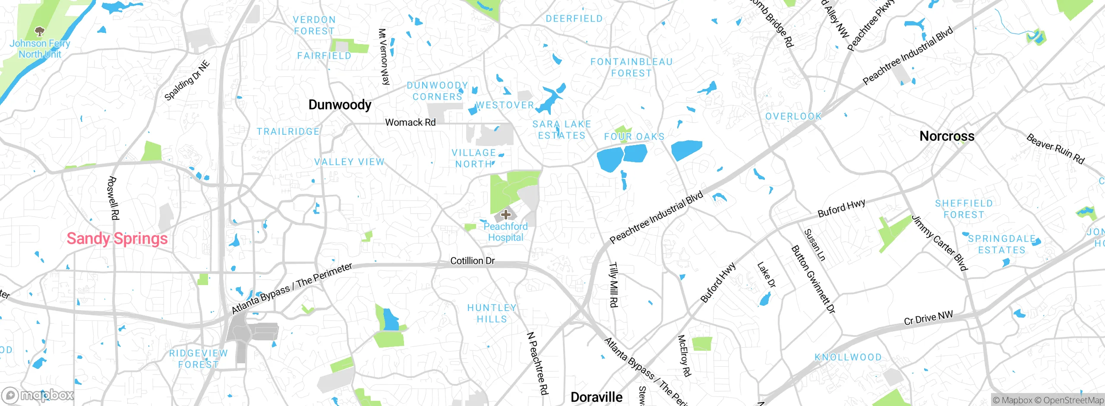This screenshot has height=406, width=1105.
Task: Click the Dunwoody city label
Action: point(340,105)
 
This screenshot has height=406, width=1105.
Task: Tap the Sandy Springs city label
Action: point(117,238)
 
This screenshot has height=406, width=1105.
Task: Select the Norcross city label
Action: point(947,136)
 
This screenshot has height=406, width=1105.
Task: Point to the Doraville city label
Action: point(596,397)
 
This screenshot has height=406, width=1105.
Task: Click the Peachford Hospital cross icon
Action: point(505,214)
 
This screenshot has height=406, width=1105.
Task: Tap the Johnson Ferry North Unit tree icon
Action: point(40,32)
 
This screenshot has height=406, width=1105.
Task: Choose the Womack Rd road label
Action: point(410,123)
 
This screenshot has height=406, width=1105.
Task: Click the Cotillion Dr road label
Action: point(472,261)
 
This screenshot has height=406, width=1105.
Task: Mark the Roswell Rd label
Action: point(113,198)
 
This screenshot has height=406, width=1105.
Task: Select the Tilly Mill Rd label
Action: point(613,285)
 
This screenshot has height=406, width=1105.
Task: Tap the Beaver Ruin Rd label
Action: point(1055,149)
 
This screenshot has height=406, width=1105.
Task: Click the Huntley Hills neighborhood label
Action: point(492,314)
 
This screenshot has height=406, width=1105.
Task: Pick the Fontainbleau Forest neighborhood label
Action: point(631,68)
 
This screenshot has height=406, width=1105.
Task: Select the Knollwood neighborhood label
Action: point(848,357)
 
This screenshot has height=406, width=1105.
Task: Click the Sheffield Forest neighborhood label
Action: point(963,209)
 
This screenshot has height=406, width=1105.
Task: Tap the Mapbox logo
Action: point(38,395)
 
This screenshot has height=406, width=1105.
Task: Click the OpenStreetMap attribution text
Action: point(1073,400)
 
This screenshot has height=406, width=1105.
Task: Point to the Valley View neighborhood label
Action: point(349,162)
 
